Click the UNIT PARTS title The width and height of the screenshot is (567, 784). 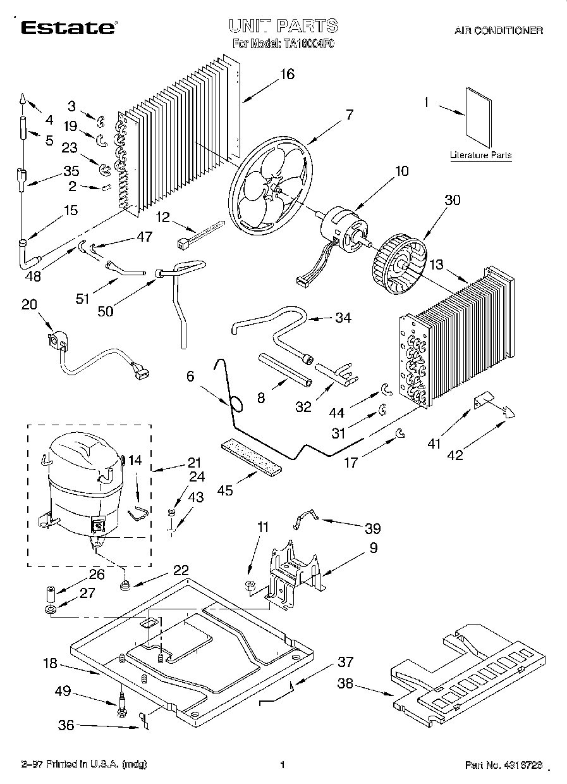pos(283,26)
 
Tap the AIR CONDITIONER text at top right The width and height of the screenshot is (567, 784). pos(498,30)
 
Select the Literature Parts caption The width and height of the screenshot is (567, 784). pos(480,155)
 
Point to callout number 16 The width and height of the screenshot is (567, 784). pos(287,74)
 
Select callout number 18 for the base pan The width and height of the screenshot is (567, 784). pos(50,664)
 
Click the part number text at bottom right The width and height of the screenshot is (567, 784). pos(503,765)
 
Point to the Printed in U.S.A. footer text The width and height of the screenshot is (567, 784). pos(83,765)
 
